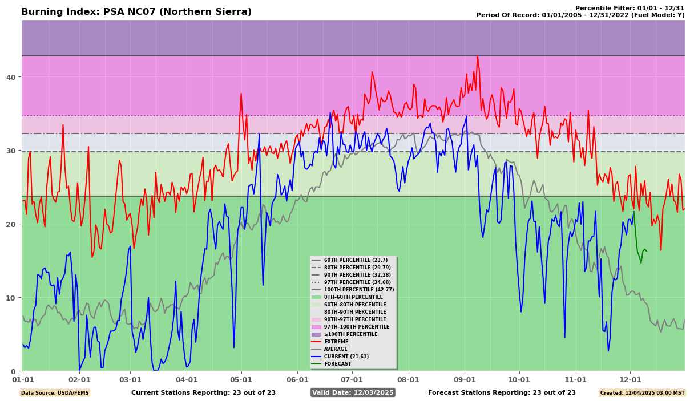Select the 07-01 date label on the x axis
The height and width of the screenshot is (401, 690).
(352, 379)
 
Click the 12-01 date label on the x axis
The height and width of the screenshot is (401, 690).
(630, 379)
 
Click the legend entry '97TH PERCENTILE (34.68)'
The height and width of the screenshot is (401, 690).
(358, 282)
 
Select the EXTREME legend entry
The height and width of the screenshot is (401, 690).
(337, 342)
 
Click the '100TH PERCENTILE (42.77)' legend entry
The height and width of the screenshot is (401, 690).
(360, 290)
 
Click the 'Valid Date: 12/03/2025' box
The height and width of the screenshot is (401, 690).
(353, 392)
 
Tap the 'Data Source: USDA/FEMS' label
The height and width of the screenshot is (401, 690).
(55, 393)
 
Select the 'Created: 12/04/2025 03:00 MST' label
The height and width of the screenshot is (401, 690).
(641, 393)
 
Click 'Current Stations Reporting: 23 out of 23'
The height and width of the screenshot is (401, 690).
(203, 392)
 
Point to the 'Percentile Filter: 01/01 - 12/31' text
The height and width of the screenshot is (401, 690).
(630, 8)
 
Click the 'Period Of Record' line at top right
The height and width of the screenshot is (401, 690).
(580, 15)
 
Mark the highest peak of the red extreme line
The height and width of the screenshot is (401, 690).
(477, 56)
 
